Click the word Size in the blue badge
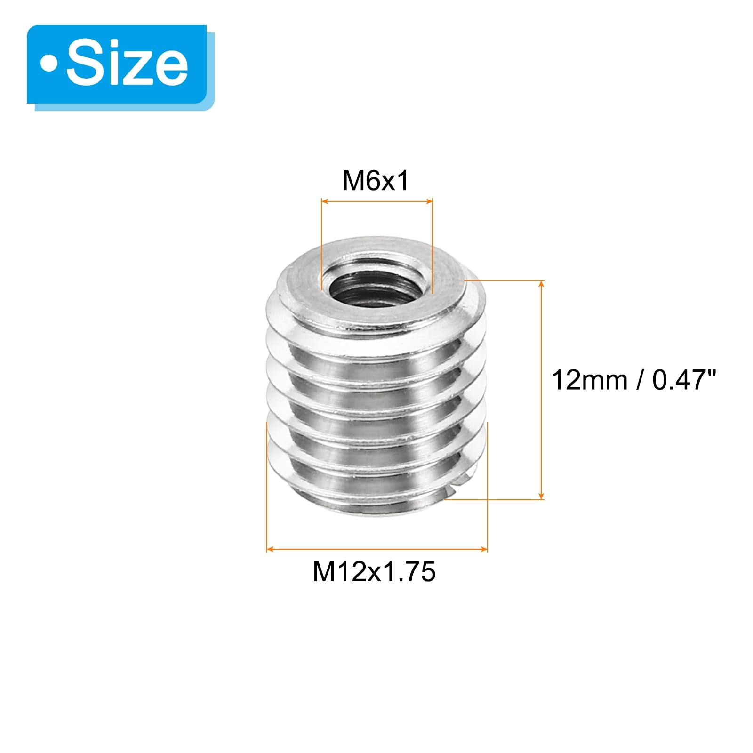click(x=127, y=64)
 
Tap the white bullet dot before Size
click(x=48, y=65)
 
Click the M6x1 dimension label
click(x=376, y=181)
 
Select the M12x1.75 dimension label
click(x=375, y=572)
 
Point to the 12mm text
click(x=589, y=380)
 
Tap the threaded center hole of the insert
click(x=376, y=288)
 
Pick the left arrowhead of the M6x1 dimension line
click(x=325, y=201)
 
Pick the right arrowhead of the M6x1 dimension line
click(x=429, y=201)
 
